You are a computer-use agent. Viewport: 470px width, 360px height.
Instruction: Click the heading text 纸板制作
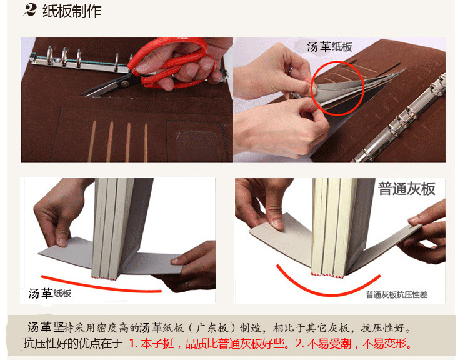tap(72, 12)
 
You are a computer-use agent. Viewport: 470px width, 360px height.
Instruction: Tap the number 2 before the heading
tap(29, 11)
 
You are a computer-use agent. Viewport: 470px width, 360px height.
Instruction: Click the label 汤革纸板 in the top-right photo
tap(330, 47)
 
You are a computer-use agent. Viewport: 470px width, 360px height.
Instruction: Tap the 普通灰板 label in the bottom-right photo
tap(406, 189)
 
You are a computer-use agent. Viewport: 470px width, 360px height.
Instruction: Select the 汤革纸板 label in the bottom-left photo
tap(50, 293)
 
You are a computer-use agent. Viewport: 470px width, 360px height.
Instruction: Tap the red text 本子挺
tap(157, 344)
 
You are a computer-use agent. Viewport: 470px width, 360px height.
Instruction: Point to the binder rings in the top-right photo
tap(409, 122)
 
